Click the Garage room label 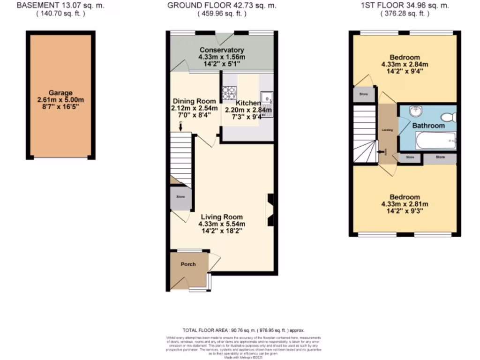[60, 93]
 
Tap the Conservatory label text [222, 50]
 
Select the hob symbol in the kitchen [229, 93]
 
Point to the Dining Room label [195, 101]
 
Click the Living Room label [222, 217]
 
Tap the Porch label [188, 264]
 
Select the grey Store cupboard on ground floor [181, 197]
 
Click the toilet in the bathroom [449, 117]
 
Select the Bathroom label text [428, 126]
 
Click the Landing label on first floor [387, 130]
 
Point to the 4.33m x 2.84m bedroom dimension [405, 64]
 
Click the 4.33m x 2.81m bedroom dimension [405, 204]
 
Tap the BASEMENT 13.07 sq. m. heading [60, 6]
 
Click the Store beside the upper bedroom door [364, 94]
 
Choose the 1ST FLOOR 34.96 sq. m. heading [405, 6]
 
